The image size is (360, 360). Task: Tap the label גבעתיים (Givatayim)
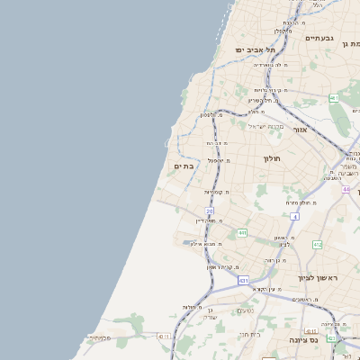click(319, 39)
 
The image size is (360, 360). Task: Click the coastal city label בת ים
click(184, 166)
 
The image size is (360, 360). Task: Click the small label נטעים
click(245, 310)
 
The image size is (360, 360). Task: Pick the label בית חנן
click(249, 334)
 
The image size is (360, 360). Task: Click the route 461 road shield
click(334, 97)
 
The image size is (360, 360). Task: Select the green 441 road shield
click(242, 233)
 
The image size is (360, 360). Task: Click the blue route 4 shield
click(294, 217)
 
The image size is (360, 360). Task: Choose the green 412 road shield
click(317, 245)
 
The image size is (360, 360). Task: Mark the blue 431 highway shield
click(243, 281)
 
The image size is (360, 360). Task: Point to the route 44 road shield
click(346, 190)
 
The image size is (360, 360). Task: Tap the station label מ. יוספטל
click(217, 160)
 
